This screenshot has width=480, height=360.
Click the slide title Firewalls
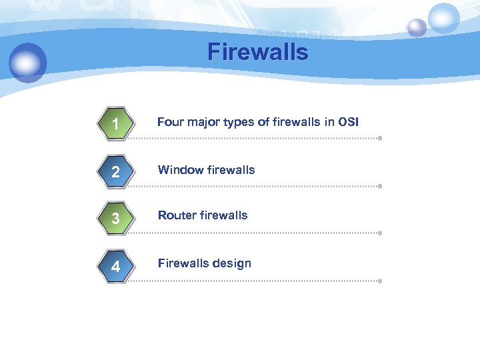(x=258, y=52)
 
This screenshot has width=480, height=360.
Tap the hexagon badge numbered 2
(x=116, y=172)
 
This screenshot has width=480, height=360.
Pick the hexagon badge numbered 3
(x=116, y=219)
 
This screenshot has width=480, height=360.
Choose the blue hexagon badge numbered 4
(x=116, y=267)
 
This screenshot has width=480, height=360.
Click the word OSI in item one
(x=348, y=122)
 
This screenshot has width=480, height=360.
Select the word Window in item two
(x=177, y=170)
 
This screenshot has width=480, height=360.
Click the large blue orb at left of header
(x=28, y=63)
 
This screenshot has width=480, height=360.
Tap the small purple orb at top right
(x=417, y=27)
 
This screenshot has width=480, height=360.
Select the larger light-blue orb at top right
(x=443, y=18)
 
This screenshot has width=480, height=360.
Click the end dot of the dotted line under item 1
(x=379, y=139)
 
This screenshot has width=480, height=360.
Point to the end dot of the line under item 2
(x=379, y=187)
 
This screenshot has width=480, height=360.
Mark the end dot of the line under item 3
(x=379, y=233)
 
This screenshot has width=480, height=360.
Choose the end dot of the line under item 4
(x=379, y=281)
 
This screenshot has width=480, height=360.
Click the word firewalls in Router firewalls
(x=222, y=215)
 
